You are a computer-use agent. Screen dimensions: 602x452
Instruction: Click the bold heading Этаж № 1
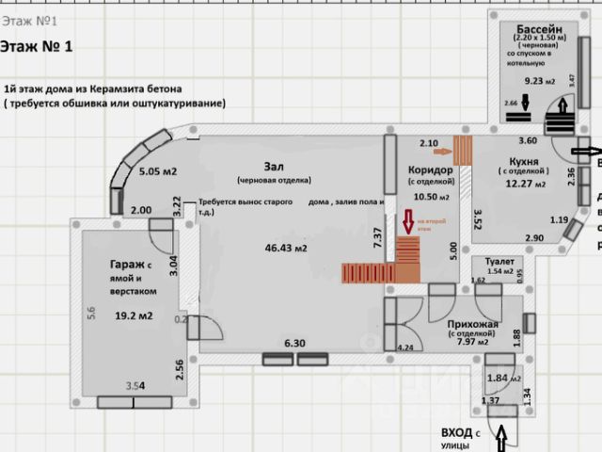(37, 45)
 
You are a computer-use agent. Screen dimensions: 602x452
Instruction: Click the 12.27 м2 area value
(525, 184)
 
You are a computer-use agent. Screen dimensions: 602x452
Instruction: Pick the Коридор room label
(432, 169)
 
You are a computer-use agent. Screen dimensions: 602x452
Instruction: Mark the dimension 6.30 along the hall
(296, 345)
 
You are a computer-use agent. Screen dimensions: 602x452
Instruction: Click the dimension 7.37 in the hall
(378, 238)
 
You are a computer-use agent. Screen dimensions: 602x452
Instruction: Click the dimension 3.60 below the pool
(529, 140)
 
